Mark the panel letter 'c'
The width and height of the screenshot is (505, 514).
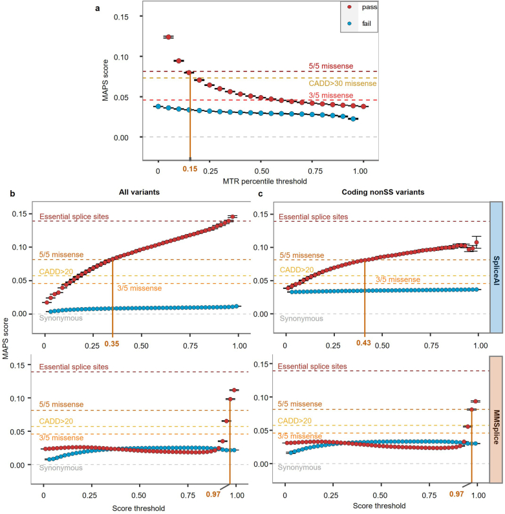pyautogui.click(x=260, y=193)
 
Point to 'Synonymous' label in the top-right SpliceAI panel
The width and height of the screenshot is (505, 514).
pyautogui.click(x=302, y=318)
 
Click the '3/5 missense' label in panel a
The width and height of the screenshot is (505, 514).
pyautogui.click(x=328, y=96)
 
